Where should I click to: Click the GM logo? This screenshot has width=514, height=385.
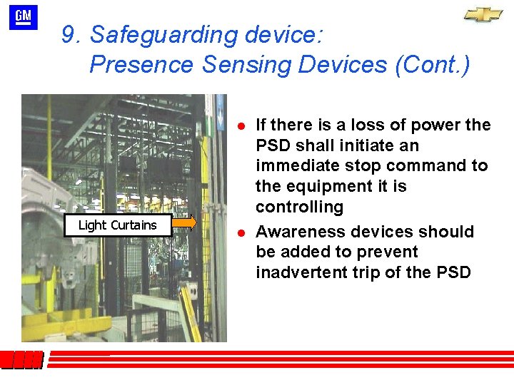(23, 18)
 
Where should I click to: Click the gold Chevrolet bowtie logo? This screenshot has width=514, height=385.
(483, 14)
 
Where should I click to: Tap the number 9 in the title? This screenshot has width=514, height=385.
(69, 35)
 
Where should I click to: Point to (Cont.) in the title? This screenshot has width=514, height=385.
(432, 65)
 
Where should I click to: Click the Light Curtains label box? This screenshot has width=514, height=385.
(118, 225)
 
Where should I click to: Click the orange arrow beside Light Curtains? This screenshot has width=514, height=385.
(184, 222)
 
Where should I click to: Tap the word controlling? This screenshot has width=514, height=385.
(299, 207)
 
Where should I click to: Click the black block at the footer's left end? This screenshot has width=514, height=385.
(21, 360)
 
